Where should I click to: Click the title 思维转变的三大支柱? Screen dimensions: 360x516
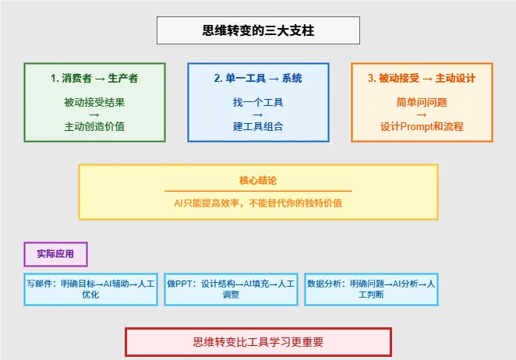(258, 30)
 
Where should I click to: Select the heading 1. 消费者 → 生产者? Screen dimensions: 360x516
(94, 78)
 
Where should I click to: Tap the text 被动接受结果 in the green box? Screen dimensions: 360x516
(94, 102)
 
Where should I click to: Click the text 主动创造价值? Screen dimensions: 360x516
(94, 126)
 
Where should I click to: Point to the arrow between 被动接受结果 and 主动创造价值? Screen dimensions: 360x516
(94, 115)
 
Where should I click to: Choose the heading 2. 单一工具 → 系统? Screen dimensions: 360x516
(258, 78)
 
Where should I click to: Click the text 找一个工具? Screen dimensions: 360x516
(258, 102)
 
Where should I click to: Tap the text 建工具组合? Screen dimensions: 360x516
(258, 126)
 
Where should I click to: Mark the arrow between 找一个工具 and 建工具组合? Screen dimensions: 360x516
(258, 115)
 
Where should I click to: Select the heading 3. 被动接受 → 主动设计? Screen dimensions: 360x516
(422, 78)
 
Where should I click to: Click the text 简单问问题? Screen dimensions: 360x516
(422, 102)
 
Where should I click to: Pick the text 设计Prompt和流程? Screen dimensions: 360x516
(422, 126)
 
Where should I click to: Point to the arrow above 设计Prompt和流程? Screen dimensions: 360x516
(422, 115)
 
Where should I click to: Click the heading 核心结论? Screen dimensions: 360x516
(258, 180)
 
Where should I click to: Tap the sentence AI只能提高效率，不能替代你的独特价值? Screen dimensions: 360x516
(258, 203)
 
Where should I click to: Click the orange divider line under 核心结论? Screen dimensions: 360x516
(258, 191)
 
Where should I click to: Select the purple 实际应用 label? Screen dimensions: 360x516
(55, 254)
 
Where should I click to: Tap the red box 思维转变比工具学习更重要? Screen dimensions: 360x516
(258, 342)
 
